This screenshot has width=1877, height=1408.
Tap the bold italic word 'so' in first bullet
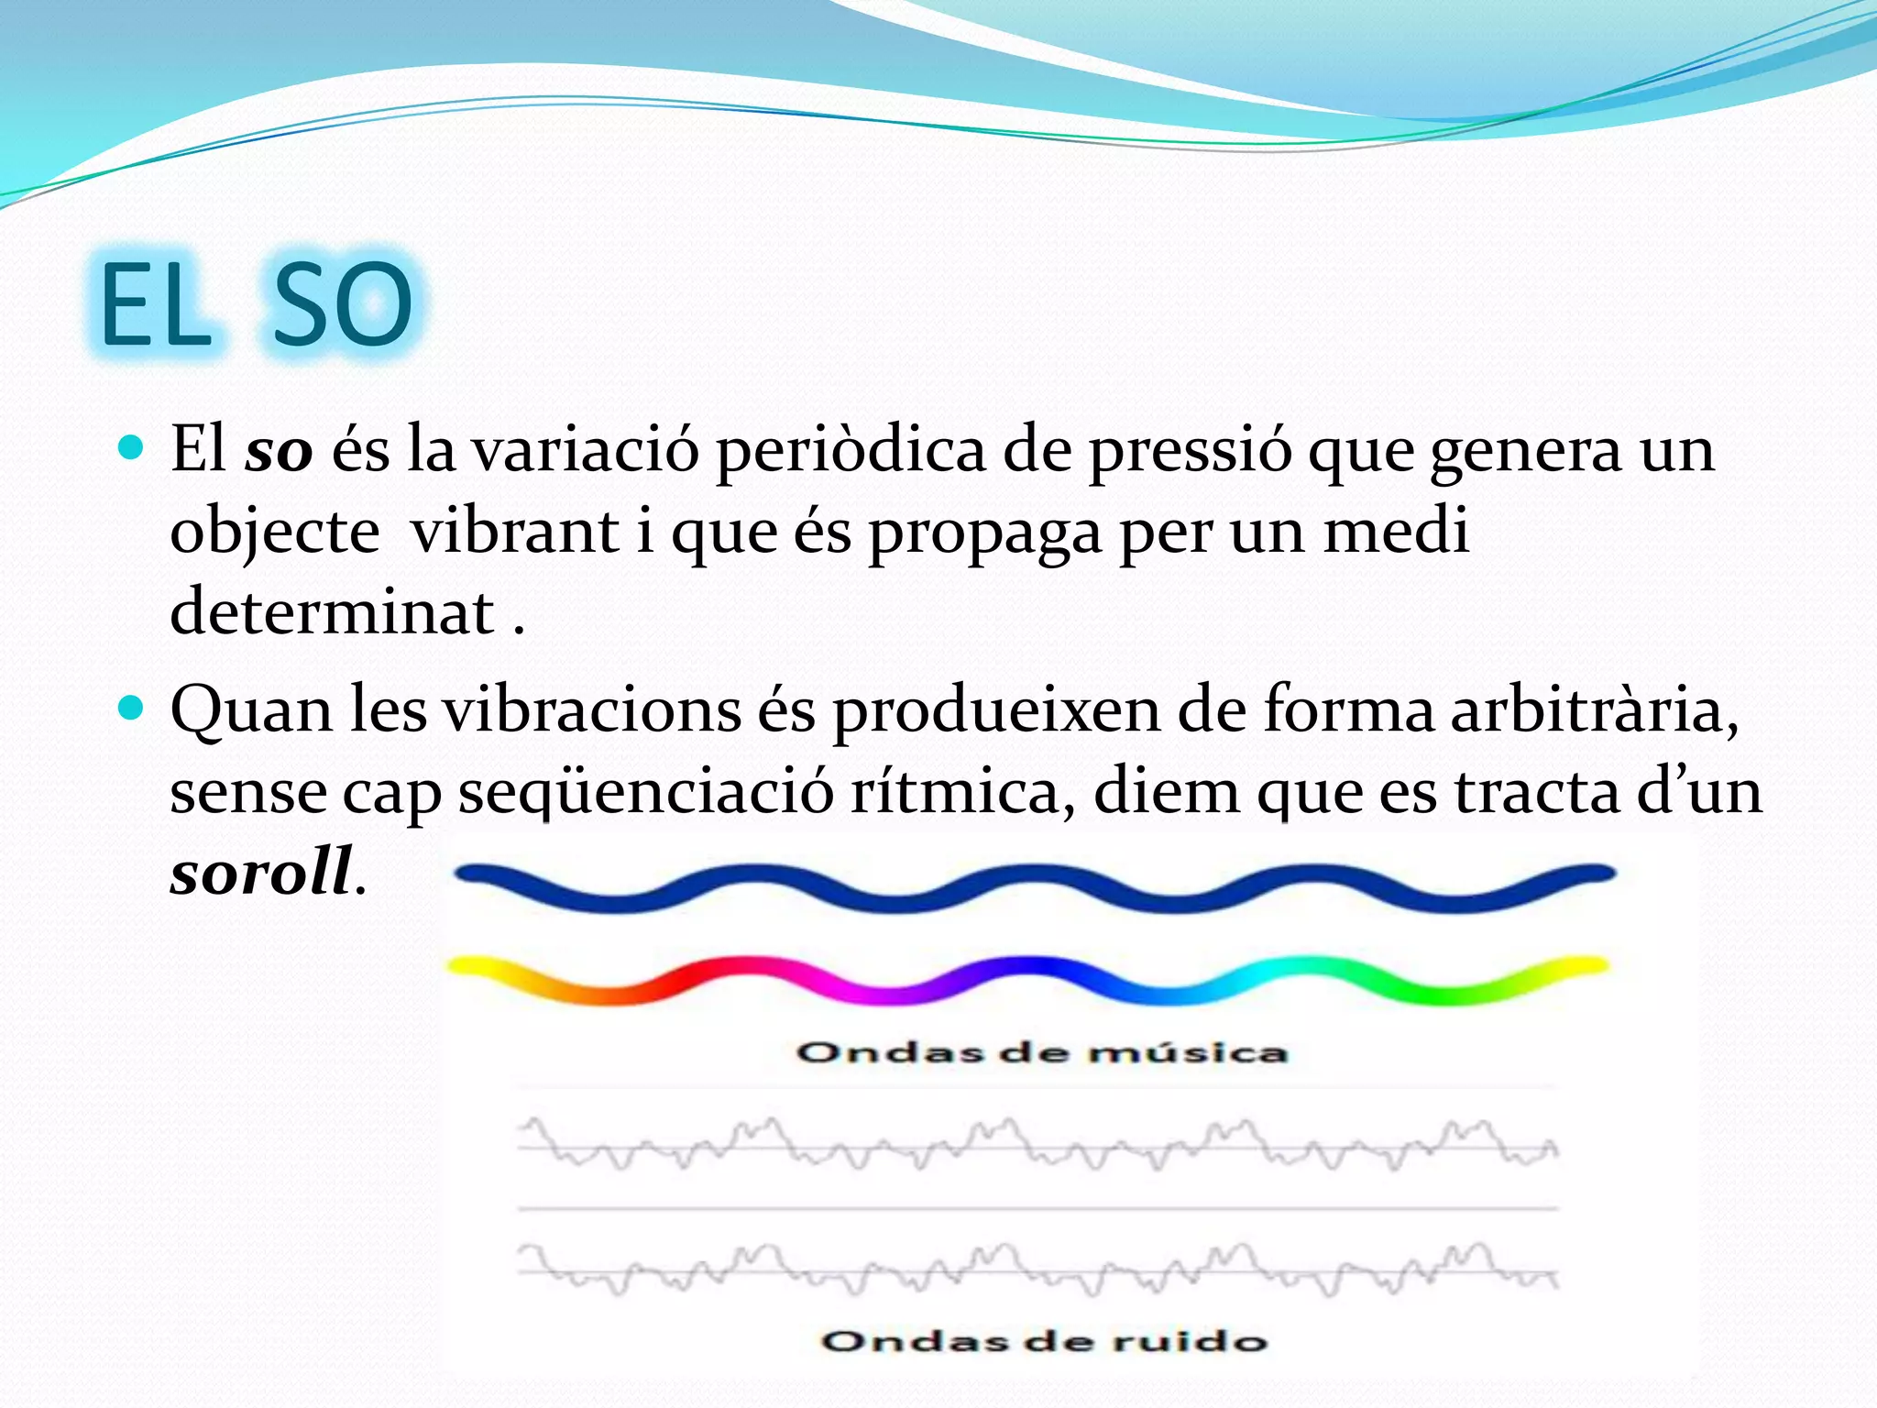click(x=279, y=451)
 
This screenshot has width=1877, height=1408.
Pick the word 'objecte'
click(x=275, y=533)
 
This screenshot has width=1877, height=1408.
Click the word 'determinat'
click(x=332, y=611)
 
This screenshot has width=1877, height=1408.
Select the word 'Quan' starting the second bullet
click(x=251, y=710)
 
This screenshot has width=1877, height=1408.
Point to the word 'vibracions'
click(x=592, y=710)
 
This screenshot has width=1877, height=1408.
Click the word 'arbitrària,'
click(x=1594, y=710)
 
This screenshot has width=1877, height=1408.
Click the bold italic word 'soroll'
click(x=261, y=871)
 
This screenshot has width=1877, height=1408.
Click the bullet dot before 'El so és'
click(x=132, y=447)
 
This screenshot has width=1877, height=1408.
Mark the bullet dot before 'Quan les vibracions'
click(x=132, y=708)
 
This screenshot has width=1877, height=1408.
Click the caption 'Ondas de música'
click(x=1042, y=1052)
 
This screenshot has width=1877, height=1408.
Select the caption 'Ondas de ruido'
click(x=1044, y=1341)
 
